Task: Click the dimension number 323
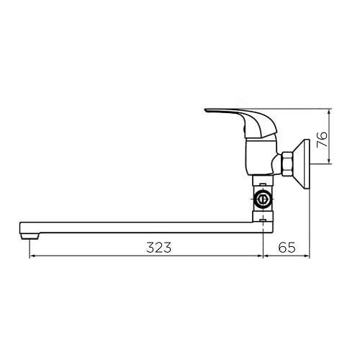pos(159,248)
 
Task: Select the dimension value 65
pos(287,248)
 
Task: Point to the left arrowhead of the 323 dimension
pos(31,256)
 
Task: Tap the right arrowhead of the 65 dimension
pos(307,256)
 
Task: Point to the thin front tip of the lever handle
pos(209,111)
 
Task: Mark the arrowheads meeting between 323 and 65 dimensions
pos(263,256)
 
